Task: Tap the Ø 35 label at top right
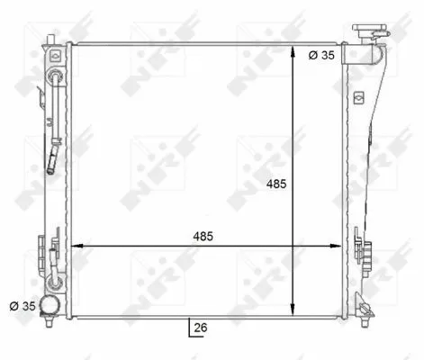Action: click(322, 55)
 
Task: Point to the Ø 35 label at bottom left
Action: click(23, 306)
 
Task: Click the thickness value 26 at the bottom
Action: click(200, 328)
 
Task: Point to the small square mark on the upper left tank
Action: click(56, 56)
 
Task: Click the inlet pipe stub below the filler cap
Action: click(365, 55)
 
